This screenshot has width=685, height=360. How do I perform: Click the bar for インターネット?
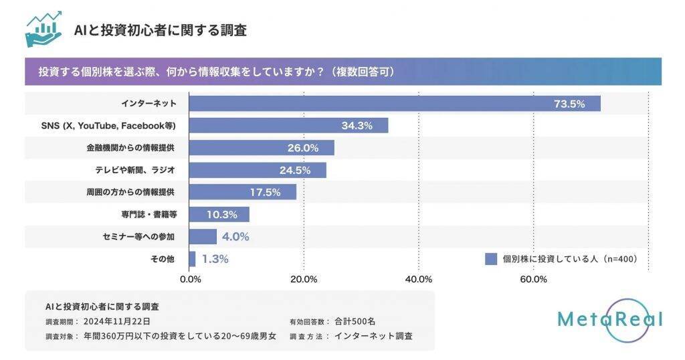tap(395, 104)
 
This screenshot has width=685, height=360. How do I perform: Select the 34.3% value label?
tap(356, 126)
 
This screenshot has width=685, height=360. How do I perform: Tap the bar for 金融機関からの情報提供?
tap(262, 148)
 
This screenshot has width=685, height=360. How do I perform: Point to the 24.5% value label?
tap(295, 170)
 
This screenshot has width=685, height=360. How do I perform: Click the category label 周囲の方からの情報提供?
tap(130, 192)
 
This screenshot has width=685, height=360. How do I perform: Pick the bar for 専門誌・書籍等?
tap(219, 214)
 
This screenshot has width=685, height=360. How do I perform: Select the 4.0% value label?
tap(235, 236)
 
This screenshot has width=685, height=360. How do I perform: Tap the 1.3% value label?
tap(215, 258)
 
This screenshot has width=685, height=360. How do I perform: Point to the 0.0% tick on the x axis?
tap(191, 278)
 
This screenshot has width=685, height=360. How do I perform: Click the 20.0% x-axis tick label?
tap(304, 278)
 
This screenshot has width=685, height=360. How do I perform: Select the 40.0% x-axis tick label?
tap(419, 278)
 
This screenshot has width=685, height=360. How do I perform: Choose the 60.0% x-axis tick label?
tap(532, 278)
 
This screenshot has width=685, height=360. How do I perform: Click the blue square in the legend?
tap(491, 259)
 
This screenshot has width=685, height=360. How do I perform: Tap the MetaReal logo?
tap(609, 319)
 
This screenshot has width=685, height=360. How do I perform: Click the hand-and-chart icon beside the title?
tap(43, 29)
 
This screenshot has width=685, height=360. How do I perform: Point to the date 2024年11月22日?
tap(112, 321)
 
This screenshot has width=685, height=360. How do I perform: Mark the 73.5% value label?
tap(569, 104)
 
